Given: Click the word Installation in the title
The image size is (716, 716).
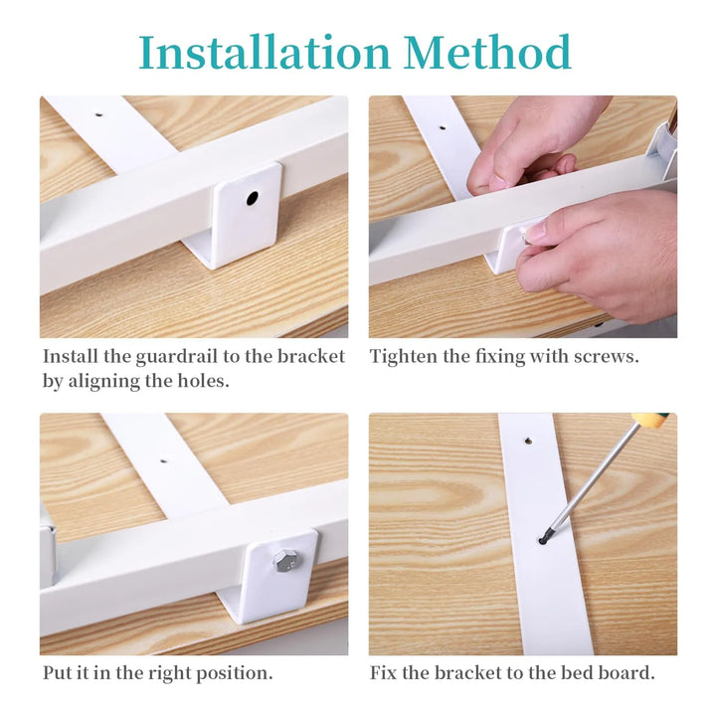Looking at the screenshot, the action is pyautogui.click(x=265, y=52).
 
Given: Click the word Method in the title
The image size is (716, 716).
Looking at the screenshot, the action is pyautogui.click(x=487, y=52).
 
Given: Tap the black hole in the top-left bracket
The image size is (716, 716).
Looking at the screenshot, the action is pyautogui.click(x=252, y=198).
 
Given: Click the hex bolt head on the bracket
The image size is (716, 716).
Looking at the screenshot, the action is pyautogui.click(x=285, y=560).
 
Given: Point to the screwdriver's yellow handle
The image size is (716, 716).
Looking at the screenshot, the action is pyautogui.click(x=651, y=419).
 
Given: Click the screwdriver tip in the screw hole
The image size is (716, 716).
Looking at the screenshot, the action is pyautogui.click(x=543, y=540).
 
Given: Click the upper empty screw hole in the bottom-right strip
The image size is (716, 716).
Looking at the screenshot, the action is pyautogui.click(x=528, y=442).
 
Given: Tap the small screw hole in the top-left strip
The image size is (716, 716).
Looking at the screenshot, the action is pyautogui.click(x=98, y=115).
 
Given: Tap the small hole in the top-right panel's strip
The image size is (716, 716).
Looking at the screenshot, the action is pyautogui.click(x=442, y=128).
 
